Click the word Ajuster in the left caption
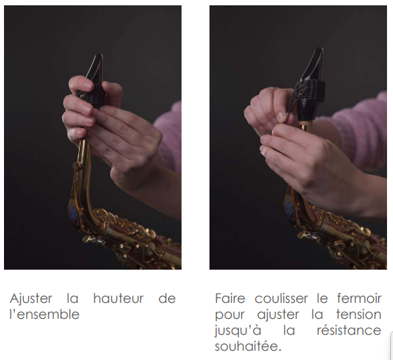pos(31,299)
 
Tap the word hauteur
pos(118,298)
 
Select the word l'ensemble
pos(45,314)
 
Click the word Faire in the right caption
pos(230,298)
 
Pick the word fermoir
pos(359,298)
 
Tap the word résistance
pos(349,330)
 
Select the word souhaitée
pos(248,346)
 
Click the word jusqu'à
pos(238,331)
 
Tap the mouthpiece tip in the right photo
pos(319,50)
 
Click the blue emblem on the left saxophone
pos(73,209)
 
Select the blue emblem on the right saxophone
pos(289,207)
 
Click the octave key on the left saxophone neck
pos(76,166)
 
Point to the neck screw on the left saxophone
pos(90,240)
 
